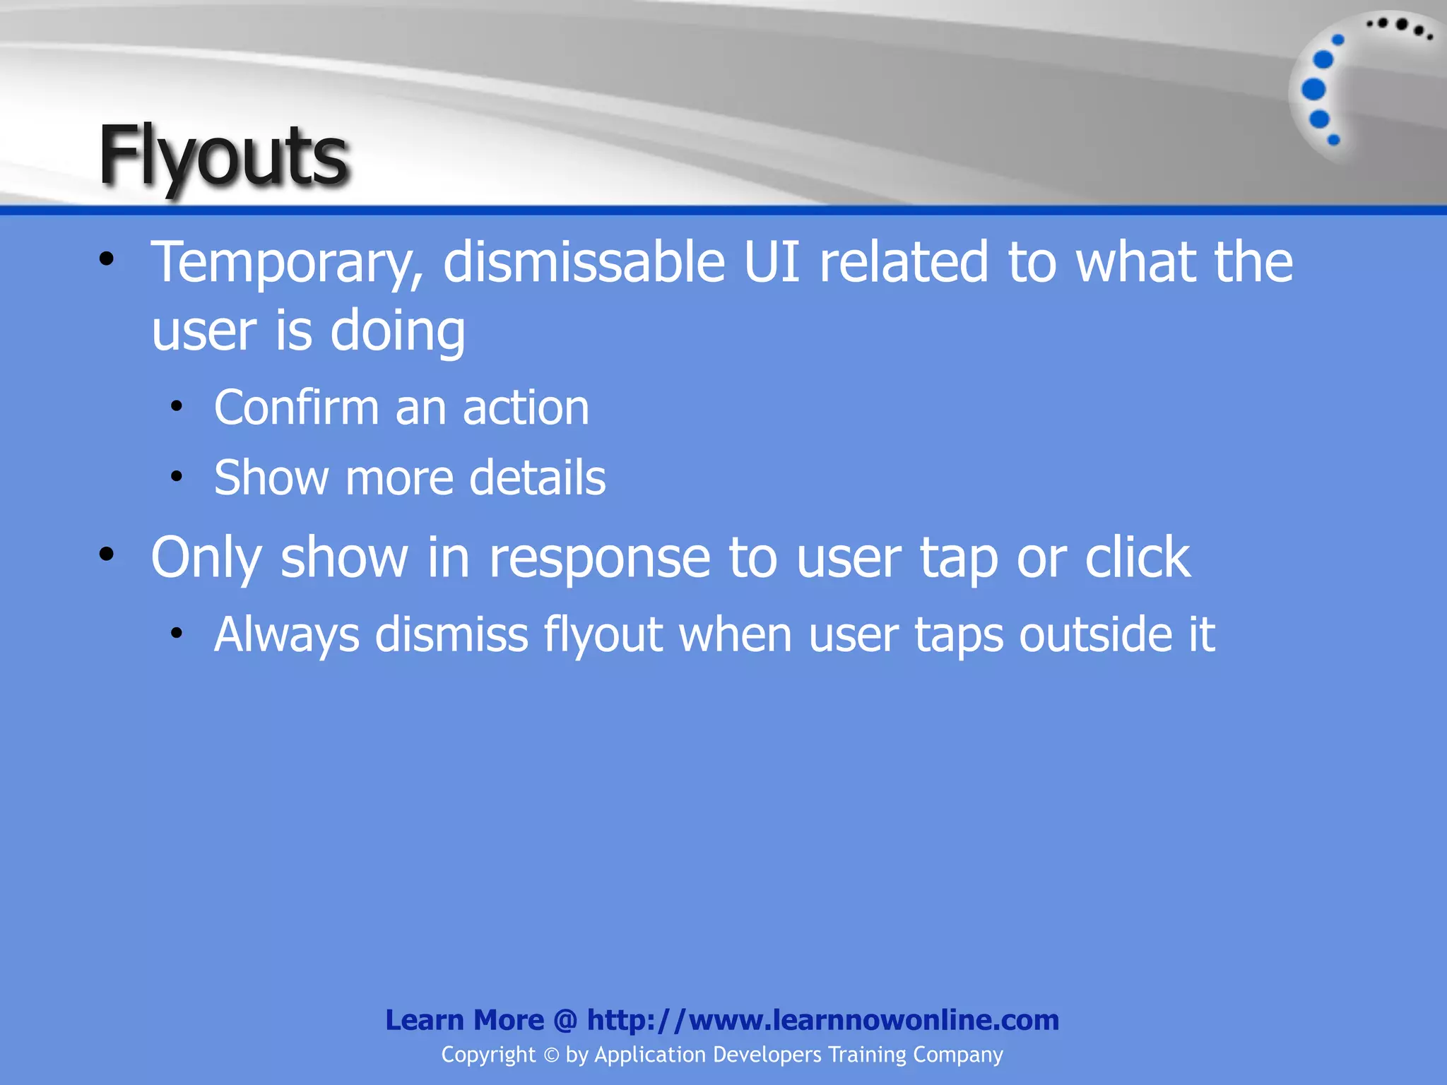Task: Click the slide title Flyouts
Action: (223, 156)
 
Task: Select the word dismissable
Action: (584, 263)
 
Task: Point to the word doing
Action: (397, 332)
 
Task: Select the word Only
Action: (206, 558)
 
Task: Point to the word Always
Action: (286, 635)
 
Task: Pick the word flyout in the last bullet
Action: (603, 635)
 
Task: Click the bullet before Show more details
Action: (177, 476)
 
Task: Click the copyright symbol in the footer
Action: (550, 1055)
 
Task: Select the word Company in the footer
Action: (957, 1055)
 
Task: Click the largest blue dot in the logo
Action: (1313, 90)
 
